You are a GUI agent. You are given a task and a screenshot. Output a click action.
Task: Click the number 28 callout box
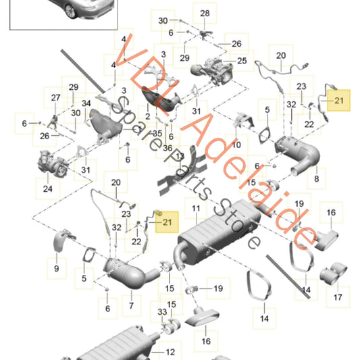(x=205, y=14)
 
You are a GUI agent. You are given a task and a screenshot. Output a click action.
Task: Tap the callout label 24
(x=47, y=189)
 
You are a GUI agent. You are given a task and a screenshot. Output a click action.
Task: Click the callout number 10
(x=236, y=145)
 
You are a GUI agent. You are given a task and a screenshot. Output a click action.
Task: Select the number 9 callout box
(x=55, y=269)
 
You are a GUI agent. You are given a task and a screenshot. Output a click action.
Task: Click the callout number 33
(x=161, y=312)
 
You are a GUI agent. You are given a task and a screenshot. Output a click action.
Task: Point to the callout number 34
(x=86, y=103)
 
